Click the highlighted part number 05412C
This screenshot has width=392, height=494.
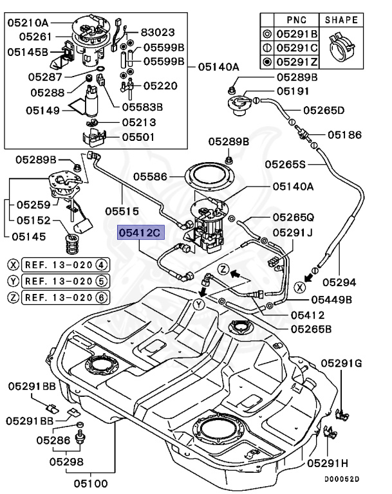pos(141,232)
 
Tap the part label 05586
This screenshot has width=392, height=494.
pos(150,176)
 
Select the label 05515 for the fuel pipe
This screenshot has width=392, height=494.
pos(122,211)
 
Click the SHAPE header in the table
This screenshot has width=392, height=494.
pos(341,20)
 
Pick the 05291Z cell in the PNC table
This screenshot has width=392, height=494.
pos(297,62)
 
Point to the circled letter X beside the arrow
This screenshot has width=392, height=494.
pos(299,287)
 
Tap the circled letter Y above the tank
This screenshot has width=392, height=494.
pos(199,304)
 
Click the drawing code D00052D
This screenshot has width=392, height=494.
pos(342,479)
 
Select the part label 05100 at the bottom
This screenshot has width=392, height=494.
pos(91,483)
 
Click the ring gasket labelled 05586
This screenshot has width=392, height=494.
pos(209,177)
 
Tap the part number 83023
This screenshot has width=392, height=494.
pos(158,32)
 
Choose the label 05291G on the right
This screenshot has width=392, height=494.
pos(342,363)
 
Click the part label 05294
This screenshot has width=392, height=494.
pos(339,282)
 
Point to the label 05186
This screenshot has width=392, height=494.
pos(345,135)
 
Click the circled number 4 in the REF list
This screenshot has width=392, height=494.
pos(101,265)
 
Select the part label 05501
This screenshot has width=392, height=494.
pos(138,138)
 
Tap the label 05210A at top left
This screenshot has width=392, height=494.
pos(28,23)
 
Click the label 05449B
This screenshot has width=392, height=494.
pos(331,300)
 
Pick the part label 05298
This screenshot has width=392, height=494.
pos(66,462)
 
